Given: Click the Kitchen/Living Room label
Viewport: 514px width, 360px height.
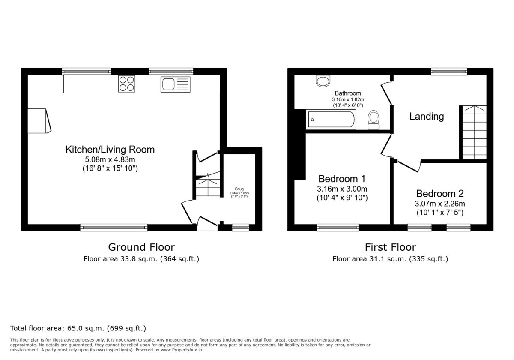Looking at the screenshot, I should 110,150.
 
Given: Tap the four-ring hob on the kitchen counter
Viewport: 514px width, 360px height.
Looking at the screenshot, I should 126,84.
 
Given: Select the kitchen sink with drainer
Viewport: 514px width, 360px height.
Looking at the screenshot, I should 175,84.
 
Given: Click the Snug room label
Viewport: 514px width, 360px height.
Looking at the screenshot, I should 239,189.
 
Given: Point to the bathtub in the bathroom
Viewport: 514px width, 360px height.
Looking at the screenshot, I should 331,120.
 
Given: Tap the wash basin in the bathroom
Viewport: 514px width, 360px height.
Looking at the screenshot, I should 323,81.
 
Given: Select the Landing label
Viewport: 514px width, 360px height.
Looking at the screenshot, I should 426,116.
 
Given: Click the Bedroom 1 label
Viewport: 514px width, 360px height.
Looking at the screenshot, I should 342,178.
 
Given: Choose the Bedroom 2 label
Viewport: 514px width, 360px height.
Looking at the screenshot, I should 440,193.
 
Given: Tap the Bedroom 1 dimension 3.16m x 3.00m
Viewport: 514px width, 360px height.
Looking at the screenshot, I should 342,189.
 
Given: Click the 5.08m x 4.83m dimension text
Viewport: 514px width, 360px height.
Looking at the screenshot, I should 110,160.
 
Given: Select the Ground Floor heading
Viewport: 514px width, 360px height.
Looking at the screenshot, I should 141,247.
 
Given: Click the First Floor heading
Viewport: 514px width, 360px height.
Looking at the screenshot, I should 390,247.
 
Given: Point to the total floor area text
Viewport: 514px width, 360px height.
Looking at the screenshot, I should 78,328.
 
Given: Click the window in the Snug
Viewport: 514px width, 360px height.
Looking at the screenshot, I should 240,228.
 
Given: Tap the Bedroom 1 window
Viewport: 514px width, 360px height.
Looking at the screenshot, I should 338,228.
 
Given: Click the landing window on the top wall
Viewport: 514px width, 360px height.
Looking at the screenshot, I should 449,72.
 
